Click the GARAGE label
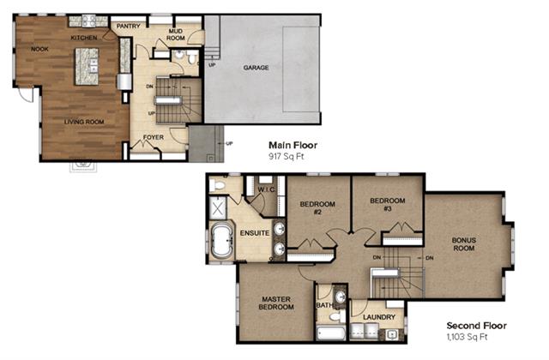(256, 68)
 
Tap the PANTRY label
(128, 27)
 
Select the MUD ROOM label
(175, 34)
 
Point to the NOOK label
(39, 50)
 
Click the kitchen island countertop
(87, 67)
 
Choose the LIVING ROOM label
(84, 122)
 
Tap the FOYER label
(154, 137)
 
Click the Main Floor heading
(293, 145)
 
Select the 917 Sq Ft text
(286, 156)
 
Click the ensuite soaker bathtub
(222, 241)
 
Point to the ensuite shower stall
(218, 208)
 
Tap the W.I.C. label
(266, 189)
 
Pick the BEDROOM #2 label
(317, 207)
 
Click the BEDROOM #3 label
(387, 205)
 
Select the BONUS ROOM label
(463, 244)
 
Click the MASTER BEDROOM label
(276, 303)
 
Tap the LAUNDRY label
(379, 317)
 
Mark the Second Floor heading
(477, 326)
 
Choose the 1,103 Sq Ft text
(467, 337)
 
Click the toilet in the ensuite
(216, 184)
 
